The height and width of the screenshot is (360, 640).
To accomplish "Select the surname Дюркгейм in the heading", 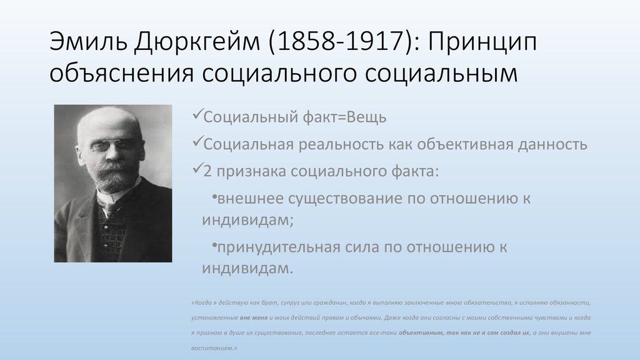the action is pos(197,42).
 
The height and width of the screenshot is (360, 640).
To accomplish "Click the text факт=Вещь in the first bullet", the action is pos(344,117).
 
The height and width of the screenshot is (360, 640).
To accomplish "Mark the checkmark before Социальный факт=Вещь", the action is pos(197,114).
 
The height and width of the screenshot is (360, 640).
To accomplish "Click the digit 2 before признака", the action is pos(207,171).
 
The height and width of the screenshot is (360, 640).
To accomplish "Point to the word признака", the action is pos(251,172).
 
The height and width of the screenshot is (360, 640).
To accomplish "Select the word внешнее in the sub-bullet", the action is pos(250,199).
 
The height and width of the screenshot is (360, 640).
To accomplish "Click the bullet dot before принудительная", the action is pos(214,245).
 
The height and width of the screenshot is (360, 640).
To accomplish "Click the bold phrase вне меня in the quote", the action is pos(254,318).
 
